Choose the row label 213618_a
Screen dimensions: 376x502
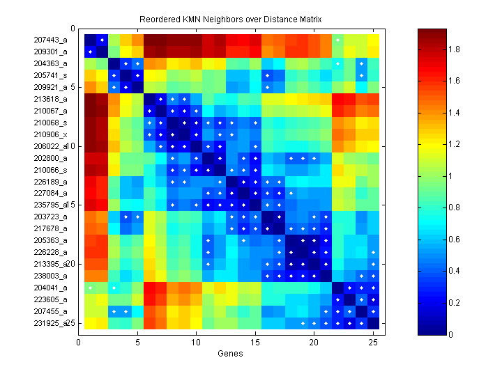point(51,100)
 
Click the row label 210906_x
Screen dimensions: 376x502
point(51,134)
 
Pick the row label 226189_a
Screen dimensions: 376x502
point(51,182)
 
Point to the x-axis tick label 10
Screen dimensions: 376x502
point(197,342)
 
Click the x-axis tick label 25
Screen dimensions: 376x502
point(373,342)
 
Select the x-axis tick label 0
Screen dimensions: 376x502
point(79,342)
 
